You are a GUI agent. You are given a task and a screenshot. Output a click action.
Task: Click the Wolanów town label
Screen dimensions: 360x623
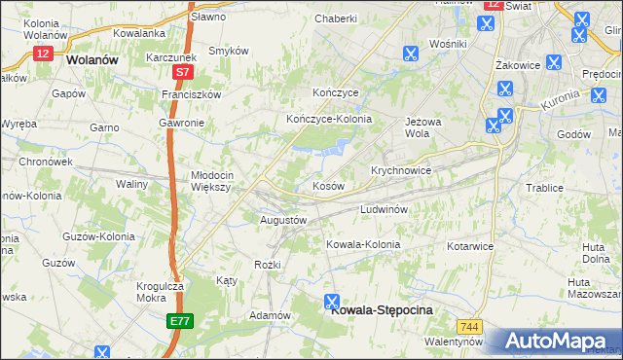click(x=92, y=59)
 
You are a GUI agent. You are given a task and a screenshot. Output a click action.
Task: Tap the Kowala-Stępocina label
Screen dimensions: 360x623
click(x=382, y=310)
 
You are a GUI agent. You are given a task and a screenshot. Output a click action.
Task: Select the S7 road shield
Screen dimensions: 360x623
click(x=182, y=72)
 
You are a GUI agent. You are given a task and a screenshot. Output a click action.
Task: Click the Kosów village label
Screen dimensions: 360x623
click(x=328, y=185)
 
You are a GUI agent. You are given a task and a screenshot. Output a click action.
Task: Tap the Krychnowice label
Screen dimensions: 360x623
click(x=400, y=169)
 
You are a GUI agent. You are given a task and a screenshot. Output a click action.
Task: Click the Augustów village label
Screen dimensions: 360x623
click(x=283, y=220)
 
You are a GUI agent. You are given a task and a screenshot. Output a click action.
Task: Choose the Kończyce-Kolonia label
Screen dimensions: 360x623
click(x=329, y=119)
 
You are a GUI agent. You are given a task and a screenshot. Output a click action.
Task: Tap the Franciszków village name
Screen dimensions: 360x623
click(x=193, y=94)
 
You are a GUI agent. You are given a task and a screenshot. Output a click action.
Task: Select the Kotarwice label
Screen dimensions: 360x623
click(x=470, y=246)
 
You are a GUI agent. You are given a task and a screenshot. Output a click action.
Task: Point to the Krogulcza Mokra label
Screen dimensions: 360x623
click(x=160, y=293)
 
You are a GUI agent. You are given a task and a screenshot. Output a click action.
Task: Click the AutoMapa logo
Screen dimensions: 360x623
click(x=556, y=341)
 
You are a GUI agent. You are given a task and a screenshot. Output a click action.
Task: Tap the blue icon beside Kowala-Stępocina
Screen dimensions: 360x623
click(x=332, y=302)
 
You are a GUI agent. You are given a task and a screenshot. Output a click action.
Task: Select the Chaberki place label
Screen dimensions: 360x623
click(x=336, y=18)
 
